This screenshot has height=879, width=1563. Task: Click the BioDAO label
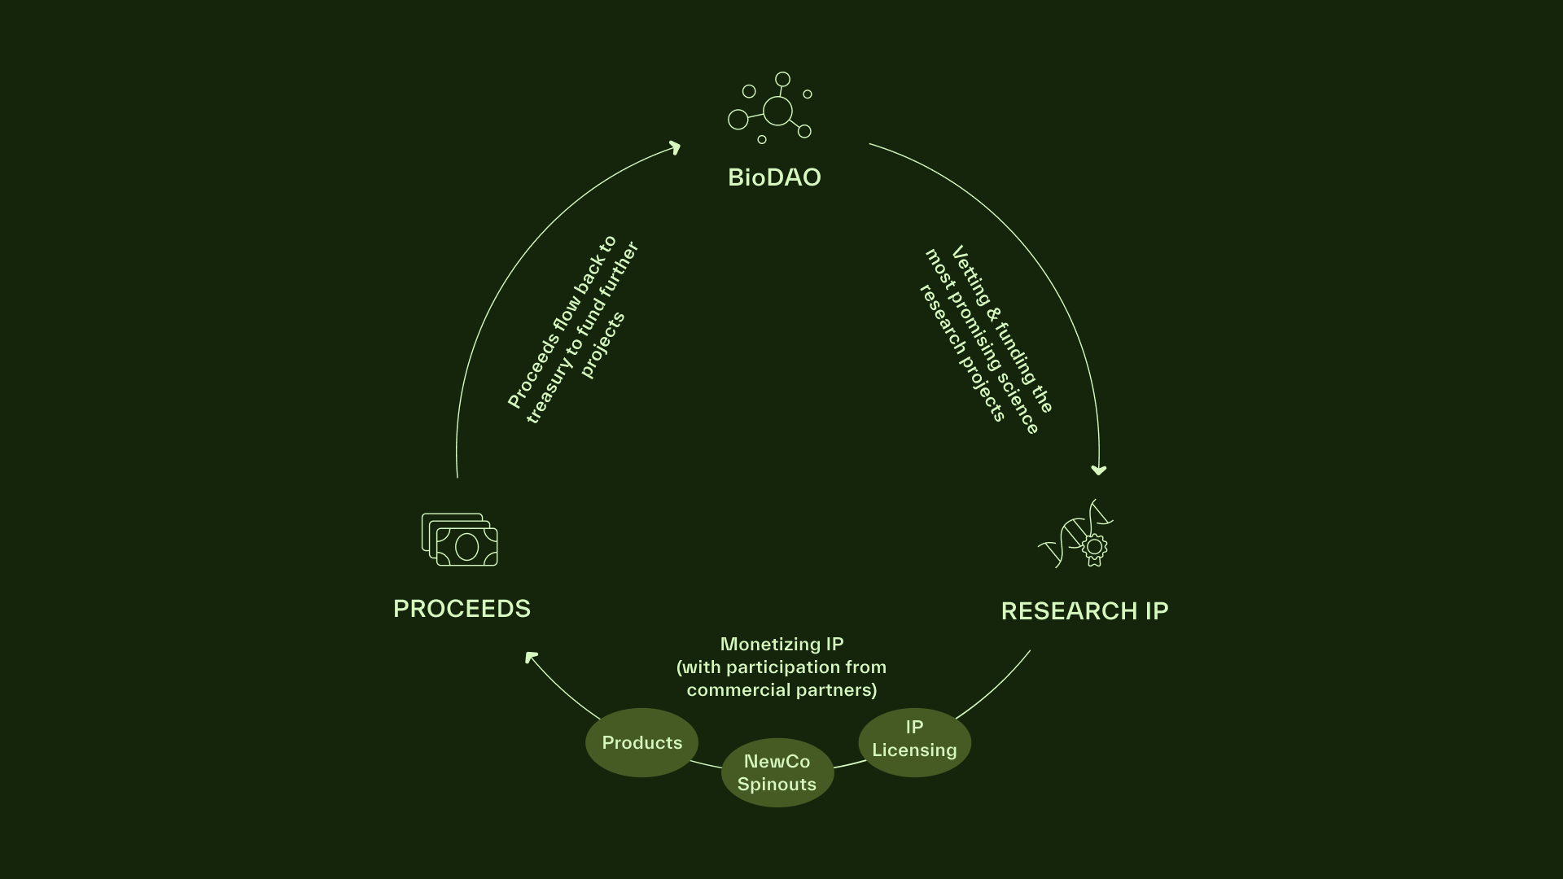pyautogui.click(x=774, y=177)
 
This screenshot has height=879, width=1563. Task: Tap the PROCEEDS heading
pyautogui.click(x=462, y=609)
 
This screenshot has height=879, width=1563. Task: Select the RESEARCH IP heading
pyautogui.click(x=1084, y=611)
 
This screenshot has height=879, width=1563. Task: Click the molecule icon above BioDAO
pyautogui.click(x=770, y=108)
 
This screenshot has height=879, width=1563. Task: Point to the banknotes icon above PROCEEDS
pyautogui.click(x=459, y=539)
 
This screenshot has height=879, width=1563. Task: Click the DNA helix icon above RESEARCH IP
pyautogui.click(x=1076, y=534)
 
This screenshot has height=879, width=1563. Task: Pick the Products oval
pyautogui.click(x=641, y=742)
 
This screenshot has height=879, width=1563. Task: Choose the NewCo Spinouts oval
pyautogui.click(x=777, y=772)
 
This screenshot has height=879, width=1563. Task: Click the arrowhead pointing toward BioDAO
pyautogui.click(x=674, y=147)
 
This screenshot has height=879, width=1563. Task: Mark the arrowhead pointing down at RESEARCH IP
pyautogui.click(x=1098, y=470)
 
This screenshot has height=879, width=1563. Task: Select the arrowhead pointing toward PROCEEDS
pyautogui.click(x=532, y=657)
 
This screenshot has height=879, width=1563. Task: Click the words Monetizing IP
pyautogui.click(x=781, y=645)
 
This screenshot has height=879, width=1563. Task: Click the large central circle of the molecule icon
pyautogui.click(x=777, y=112)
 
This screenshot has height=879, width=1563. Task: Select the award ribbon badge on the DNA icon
pyautogui.click(x=1094, y=549)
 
